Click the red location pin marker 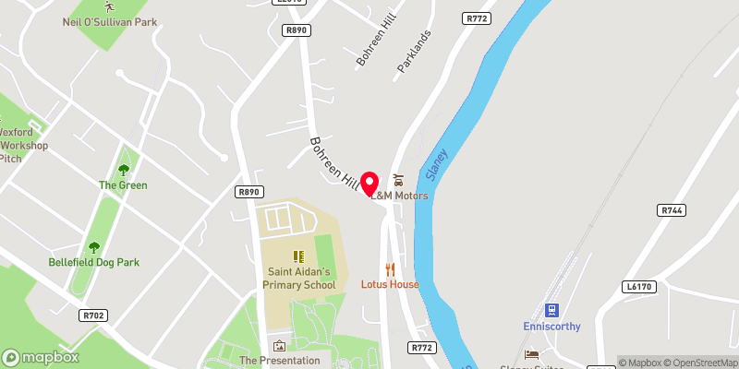pyautogui.click(x=370, y=182)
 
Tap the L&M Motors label pyautogui.click(x=399, y=196)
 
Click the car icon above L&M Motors pyautogui.click(x=398, y=179)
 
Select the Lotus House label pyautogui.click(x=390, y=284)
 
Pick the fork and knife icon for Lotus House pyautogui.click(x=391, y=268)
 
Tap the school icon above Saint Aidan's pyautogui.click(x=298, y=256)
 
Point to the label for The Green pyautogui.click(x=123, y=184)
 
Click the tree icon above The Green pyautogui.click(x=123, y=169)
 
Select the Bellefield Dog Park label pyautogui.click(x=94, y=262)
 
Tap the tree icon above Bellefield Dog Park pyautogui.click(x=93, y=246)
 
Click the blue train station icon pyautogui.click(x=551, y=310)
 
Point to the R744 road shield pyautogui.click(x=672, y=211)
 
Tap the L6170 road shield pyautogui.click(x=637, y=288)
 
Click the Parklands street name pyautogui.click(x=415, y=54)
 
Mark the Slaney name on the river pyautogui.click(x=436, y=163)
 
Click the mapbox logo pyautogui.click(x=40, y=357)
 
